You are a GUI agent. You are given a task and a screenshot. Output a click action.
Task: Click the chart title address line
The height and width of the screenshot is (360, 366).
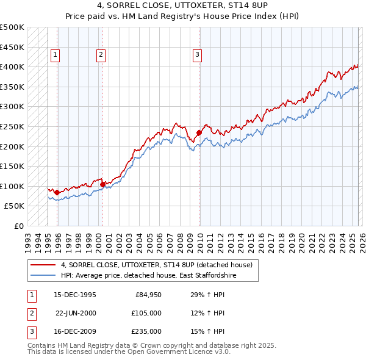pos(182,7)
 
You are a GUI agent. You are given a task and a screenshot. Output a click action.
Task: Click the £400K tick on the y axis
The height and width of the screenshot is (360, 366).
pos(12,67)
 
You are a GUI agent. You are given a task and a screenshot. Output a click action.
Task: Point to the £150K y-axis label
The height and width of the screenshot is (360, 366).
pos(12,166)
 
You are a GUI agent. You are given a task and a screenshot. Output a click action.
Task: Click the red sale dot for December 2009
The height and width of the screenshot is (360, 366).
pos(199,132)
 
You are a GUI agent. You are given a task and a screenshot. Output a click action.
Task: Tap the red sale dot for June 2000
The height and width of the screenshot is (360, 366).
pos(102,184)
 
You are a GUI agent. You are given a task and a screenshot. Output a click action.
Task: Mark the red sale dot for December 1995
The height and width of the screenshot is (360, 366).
pos(57,192)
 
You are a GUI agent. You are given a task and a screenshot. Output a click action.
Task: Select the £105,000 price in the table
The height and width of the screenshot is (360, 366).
pos(146,314)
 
